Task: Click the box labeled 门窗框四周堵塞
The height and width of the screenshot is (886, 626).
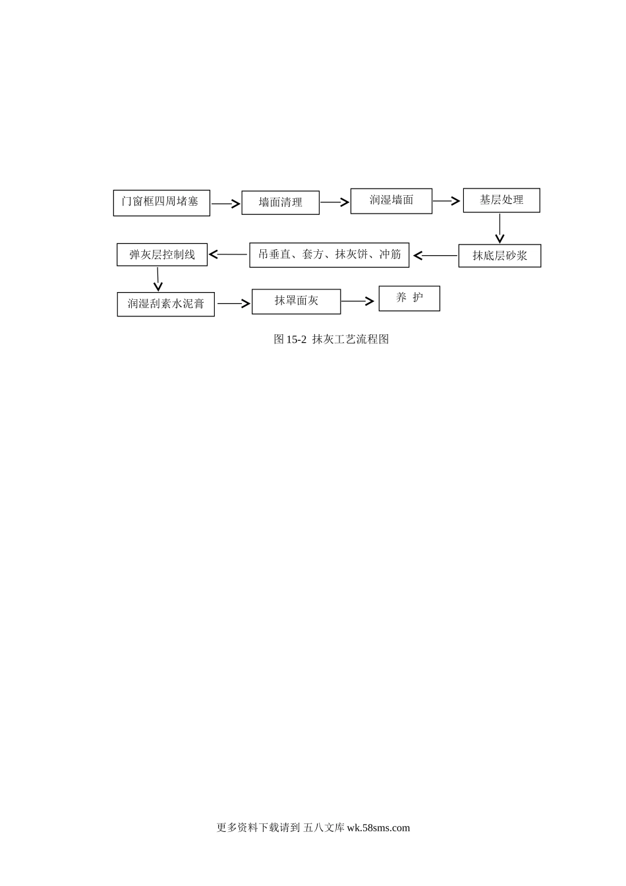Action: [161, 203]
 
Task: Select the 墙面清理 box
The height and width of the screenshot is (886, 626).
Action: [280, 203]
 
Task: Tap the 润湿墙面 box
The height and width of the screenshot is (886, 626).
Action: [391, 201]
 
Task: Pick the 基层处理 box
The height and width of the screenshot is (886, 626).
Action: [501, 200]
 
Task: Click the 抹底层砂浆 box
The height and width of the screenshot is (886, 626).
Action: [499, 256]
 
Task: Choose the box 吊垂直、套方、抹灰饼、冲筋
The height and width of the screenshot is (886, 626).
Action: [329, 255]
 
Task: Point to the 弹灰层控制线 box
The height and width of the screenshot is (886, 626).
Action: [161, 254]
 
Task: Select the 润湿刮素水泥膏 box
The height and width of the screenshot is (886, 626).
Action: [165, 304]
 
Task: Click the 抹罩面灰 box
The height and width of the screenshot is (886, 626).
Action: [296, 302]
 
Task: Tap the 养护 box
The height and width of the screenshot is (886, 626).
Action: [409, 299]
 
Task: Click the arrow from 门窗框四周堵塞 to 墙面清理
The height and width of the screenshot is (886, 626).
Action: [226, 204]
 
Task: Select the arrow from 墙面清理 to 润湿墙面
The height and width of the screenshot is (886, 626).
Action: [335, 202]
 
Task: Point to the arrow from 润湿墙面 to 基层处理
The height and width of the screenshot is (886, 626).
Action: [446, 201]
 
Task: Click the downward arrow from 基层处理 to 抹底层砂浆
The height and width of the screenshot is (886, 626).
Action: [499, 229]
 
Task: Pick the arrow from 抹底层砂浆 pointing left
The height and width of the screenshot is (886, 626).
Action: [435, 256]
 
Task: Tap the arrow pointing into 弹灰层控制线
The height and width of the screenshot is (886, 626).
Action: [228, 254]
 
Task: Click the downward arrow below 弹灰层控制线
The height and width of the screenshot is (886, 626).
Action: [157, 280]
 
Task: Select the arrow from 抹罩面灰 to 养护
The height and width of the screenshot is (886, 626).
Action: [358, 301]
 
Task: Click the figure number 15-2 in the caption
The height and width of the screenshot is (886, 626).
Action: [296, 340]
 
